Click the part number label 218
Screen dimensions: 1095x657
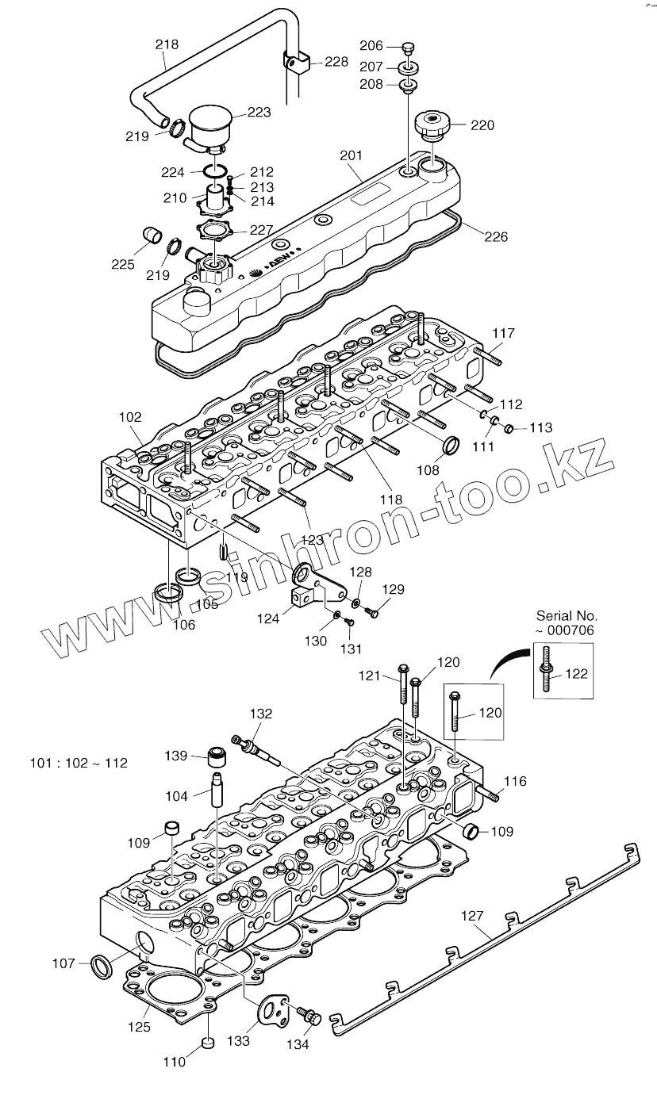[x=167, y=44]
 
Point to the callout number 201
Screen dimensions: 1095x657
[x=351, y=156]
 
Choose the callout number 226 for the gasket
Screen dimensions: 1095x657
[x=496, y=236]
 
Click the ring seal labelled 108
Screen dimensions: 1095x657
[x=451, y=446]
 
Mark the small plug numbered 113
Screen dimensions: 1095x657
[x=509, y=430]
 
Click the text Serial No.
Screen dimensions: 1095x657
[x=567, y=615]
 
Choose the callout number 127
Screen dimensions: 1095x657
[x=472, y=917]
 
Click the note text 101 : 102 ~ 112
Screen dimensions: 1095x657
[x=79, y=764]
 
